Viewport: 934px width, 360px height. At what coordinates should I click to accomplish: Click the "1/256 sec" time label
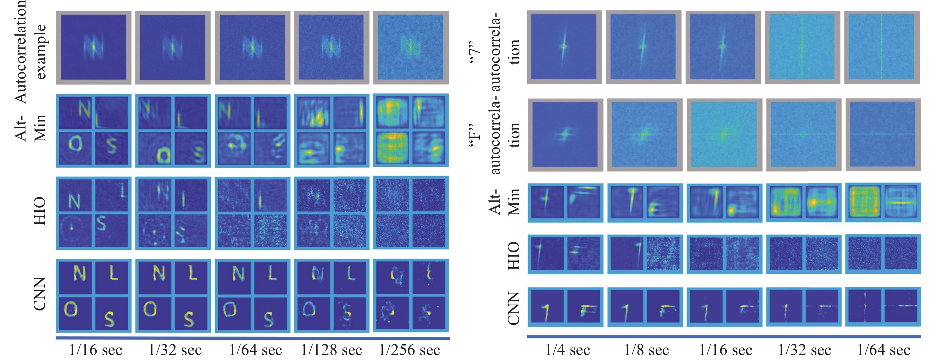[x=409, y=350]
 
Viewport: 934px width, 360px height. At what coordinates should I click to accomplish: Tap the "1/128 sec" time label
[x=331, y=350]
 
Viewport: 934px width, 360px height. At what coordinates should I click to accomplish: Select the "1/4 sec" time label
[x=568, y=350]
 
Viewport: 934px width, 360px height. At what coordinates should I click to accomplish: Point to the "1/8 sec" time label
[x=646, y=350]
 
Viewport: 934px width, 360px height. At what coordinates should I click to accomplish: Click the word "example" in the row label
[x=40, y=52]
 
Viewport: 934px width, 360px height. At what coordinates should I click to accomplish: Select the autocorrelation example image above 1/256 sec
[x=410, y=47]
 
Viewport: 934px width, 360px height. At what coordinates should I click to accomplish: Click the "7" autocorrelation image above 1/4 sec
[x=564, y=47]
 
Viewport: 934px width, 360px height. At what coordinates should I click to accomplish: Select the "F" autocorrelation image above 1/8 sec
[x=644, y=134]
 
